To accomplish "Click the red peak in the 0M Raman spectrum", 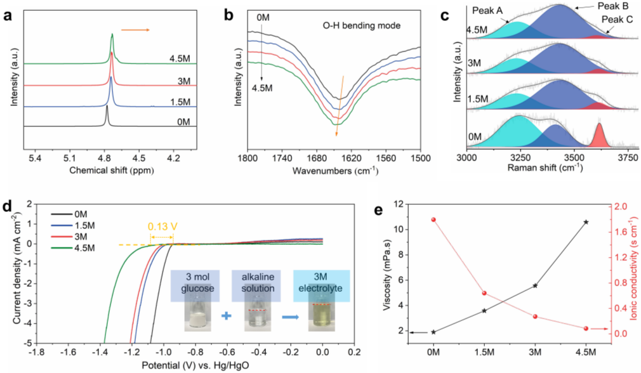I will [598, 135].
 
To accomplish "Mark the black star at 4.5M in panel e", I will [586, 222].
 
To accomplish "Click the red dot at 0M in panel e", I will [433, 219].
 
